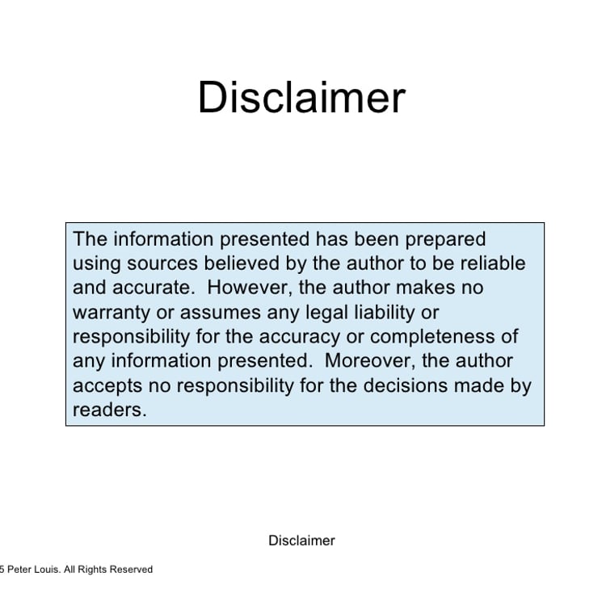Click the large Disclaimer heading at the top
[301, 97]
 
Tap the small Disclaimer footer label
[301, 541]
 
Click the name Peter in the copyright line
[19, 570]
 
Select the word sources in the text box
[162, 264]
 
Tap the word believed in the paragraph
[242, 263]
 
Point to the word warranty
[112, 313]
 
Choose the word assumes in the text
[221, 313]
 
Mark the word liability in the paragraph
[385, 313]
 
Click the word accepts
[107, 386]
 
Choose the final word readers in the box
[110, 410]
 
